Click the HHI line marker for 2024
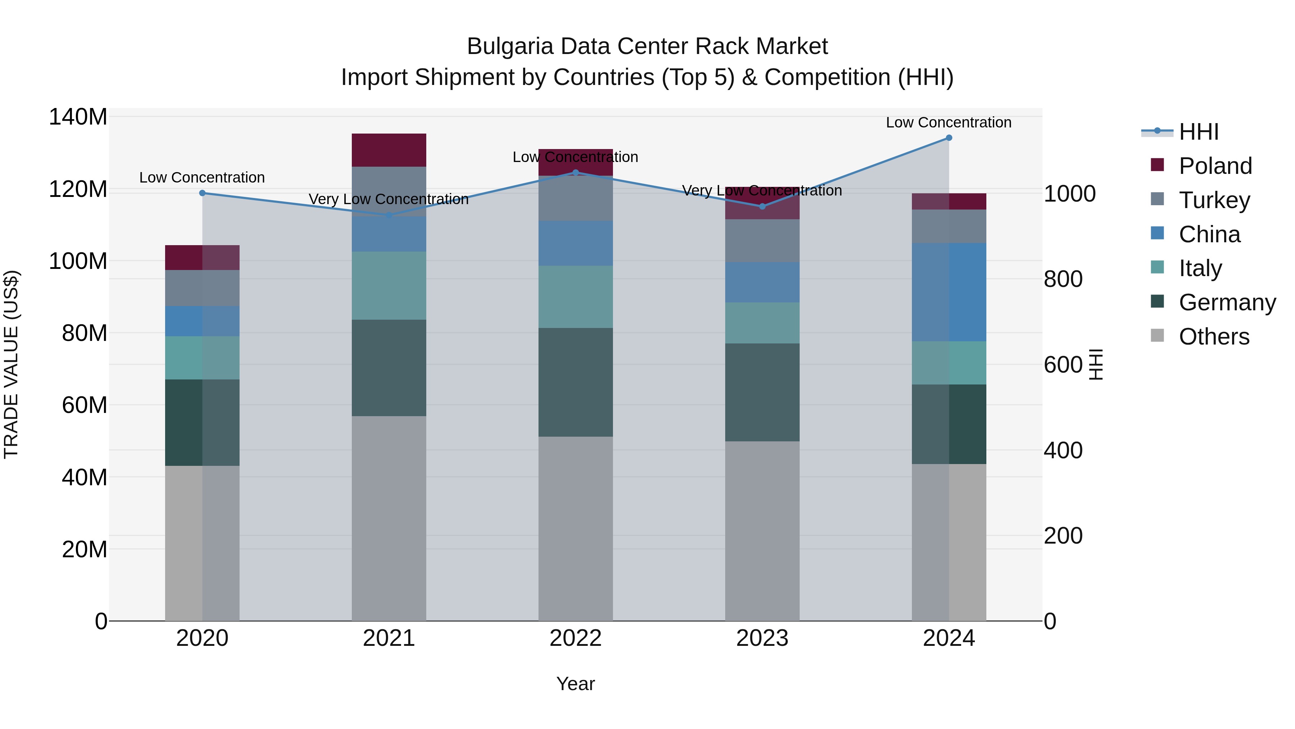click(949, 138)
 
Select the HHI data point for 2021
click(388, 215)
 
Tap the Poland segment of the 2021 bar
click(388, 150)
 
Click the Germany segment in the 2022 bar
click(576, 382)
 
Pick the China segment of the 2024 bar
click(949, 292)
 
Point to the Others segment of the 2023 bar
click(762, 531)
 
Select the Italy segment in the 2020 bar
click(202, 358)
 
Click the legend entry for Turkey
click(1214, 200)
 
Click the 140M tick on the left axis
click(78, 117)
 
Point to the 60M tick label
click(85, 405)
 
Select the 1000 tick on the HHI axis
click(1069, 194)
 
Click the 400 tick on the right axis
click(1063, 450)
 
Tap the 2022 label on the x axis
click(576, 638)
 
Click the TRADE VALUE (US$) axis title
click(11, 364)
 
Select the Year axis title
click(576, 684)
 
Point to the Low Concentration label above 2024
click(949, 122)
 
